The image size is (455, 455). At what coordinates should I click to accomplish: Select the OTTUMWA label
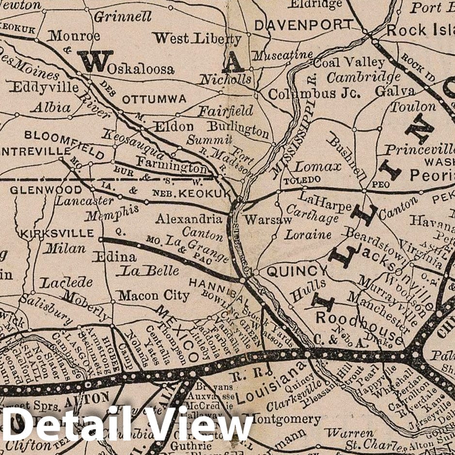click(154, 99)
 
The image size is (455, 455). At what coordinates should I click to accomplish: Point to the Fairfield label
click(225, 111)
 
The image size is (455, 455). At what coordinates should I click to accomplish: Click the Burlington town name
click(238, 129)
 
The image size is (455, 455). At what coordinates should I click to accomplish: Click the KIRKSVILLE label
click(57, 233)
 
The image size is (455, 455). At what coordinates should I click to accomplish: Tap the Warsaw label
click(268, 220)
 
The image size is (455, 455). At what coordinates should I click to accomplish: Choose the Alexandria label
click(188, 219)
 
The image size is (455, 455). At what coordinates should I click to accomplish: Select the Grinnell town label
click(123, 17)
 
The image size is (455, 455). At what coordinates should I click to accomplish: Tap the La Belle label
click(150, 270)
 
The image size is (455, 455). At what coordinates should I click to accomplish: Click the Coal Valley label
click(349, 63)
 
